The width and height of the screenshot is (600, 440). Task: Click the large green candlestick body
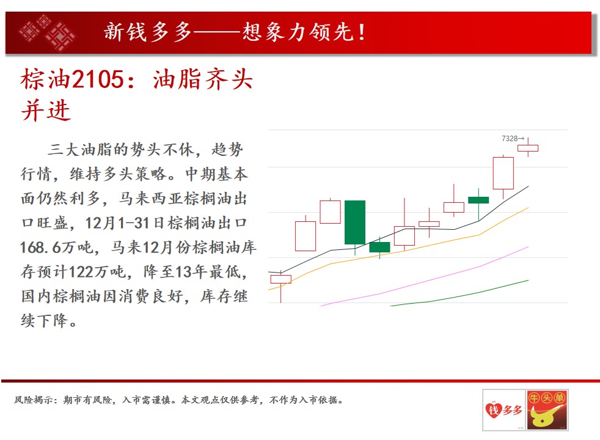(355, 222)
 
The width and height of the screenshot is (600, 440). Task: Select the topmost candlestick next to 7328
(528, 148)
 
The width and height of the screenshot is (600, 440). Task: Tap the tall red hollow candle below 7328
(503, 174)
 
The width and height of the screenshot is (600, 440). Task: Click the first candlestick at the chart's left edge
(280, 279)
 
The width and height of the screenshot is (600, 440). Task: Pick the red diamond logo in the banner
(48, 33)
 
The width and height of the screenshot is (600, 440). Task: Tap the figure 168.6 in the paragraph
(40, 248)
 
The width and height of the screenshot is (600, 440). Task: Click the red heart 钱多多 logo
(503, 410)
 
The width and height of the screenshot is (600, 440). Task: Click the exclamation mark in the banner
(361, 32)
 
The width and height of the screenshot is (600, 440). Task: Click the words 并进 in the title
(46, 110)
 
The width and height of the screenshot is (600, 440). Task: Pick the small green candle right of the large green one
(379, 247)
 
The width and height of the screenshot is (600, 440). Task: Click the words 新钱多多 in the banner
(148, 32)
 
